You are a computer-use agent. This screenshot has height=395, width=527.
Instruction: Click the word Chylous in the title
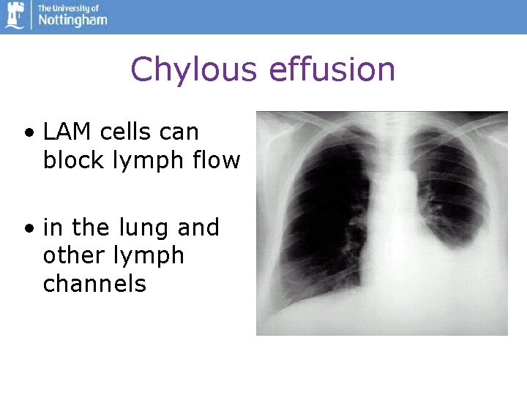point(193,70)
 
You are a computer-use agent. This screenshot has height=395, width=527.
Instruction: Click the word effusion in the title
point(332,70)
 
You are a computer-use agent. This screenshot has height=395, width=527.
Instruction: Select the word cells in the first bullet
point(128,132)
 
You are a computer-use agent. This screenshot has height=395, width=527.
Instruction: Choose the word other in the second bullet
point(70,256)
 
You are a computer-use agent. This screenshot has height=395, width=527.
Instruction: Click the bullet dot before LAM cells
point(28,134)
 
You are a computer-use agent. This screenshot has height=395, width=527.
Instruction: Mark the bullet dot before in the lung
point(28,229)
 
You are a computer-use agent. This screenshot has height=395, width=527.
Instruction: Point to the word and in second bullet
point(198,228)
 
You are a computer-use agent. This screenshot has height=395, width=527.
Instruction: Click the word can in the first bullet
point(182,132)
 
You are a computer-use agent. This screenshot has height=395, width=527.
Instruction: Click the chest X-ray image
point(381,223)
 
